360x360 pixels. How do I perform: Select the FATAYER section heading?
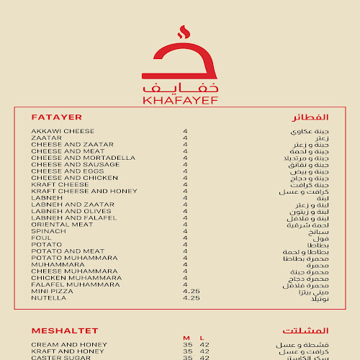[57, 117]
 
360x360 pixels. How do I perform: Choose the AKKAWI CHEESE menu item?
[63, 132]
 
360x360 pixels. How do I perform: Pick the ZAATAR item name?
[47, 138]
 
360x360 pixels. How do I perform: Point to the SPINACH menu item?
[49, 230]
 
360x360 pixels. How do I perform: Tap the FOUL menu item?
[40, 238]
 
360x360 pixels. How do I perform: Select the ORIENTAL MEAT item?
[62, 224]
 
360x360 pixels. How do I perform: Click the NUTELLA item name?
[48, 297]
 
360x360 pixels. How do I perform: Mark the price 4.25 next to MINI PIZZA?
[192, 291]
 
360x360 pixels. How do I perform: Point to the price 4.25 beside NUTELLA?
[192, 297]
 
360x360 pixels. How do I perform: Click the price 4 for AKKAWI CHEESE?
[185, 132]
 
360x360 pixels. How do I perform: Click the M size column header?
[186, 338]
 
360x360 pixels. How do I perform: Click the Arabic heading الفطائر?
[310, 117]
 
